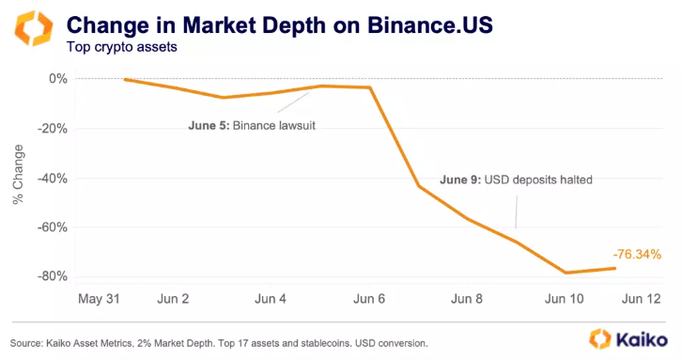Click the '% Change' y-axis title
(x=18, y=178)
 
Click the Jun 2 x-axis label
(x=172, y=299)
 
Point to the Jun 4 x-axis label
(x=271, y=299)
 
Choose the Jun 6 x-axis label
(x=369, y=299)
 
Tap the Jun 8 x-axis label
(x=468, y=299)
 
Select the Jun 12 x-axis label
(x=641, y=299)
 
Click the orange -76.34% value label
(x=636, y=254)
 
